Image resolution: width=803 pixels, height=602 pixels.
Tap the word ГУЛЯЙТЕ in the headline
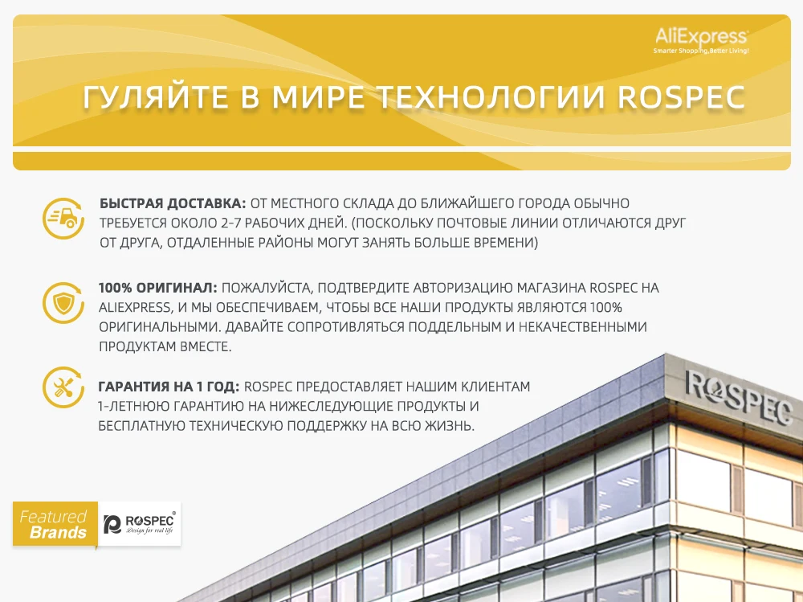(156, 97)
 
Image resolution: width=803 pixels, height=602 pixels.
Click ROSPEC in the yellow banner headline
(682, 97)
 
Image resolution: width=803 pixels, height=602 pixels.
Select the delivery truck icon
(63, 219)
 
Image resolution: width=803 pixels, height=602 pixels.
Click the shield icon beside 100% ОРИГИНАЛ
(63, 303)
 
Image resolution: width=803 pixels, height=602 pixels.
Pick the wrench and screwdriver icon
(63, 387)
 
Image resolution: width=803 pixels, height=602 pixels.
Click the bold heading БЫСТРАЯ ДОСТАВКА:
(173, 203)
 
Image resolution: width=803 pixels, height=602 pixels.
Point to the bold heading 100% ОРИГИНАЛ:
(158, 288)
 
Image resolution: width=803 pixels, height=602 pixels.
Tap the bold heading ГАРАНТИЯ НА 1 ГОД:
(169, 387)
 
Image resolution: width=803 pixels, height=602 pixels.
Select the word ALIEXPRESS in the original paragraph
(135, 308)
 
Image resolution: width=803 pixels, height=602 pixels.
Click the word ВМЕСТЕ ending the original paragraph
(206, 346)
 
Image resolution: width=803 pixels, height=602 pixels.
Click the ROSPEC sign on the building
(739, 398)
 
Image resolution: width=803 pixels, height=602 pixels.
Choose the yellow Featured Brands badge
(55, 524)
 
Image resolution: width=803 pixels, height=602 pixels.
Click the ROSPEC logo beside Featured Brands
(139, 523)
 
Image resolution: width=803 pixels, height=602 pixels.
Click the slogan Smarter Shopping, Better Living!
(701, 51)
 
